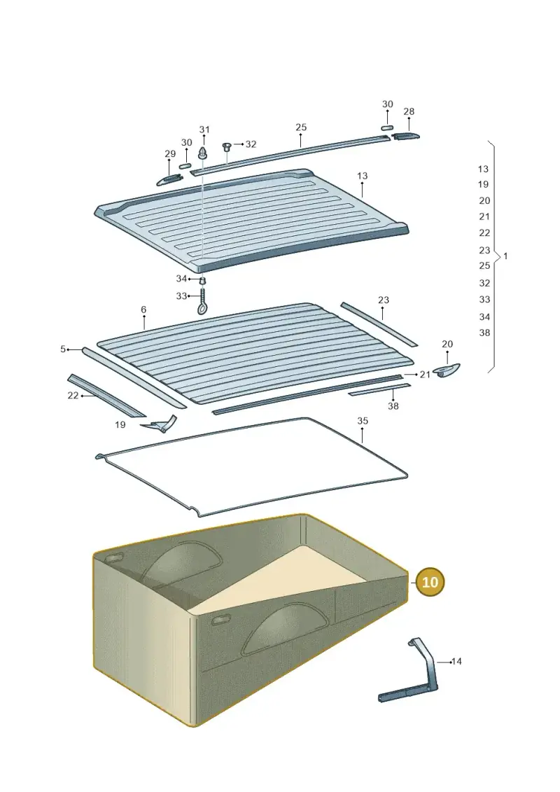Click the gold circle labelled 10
click(429, 582)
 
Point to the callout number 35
click(363, 421)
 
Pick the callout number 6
click(143, 310)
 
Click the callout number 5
click(63, 349)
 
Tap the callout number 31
click(204, 130)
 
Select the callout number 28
click(409, 111)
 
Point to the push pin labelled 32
click(227, 147)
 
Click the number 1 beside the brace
click(505, 256)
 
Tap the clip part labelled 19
click(160, 424)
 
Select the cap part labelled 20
click(447, 370)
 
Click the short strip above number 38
click(379, 389)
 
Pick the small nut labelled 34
click(203, 281)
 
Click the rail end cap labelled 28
click(405, 135)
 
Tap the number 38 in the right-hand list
click(484, 333)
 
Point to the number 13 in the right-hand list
click(483, 169)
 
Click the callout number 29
click(170, 154)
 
